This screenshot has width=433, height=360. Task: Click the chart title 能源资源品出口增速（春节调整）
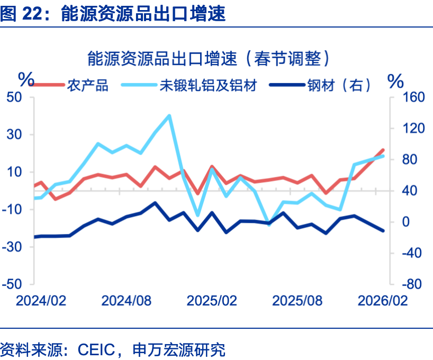click(209, 58)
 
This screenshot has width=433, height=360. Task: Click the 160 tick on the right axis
click(407, 98)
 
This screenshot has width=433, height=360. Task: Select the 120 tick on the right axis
click(407, 129)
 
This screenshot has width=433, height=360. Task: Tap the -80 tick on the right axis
click(407, 284)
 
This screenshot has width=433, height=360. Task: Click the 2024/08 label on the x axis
click(126, 301)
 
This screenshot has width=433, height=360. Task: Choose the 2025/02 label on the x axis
click(212, 301)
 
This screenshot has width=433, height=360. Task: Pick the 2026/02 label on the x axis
click(383, 301)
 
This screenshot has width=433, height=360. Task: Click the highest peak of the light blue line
click(169, 115)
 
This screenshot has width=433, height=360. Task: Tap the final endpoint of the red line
click(383, 150)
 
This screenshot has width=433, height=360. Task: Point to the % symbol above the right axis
click(395, 81)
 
